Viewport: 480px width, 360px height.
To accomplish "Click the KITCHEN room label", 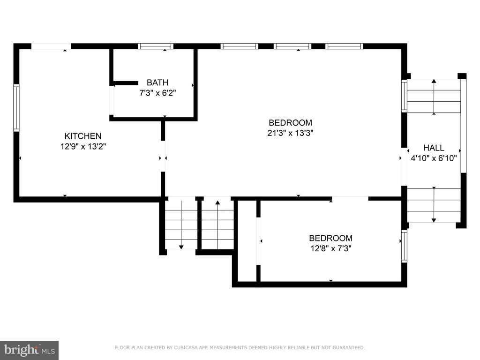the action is (82, 136).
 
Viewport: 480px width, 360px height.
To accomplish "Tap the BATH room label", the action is (157, 82).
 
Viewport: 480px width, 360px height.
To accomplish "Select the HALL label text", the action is (434, 148).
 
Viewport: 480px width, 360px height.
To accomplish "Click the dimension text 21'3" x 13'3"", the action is (290, 133).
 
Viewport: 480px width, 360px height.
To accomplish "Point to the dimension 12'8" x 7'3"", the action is (330, 248).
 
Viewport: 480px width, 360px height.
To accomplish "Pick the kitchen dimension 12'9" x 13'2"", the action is (83, 146).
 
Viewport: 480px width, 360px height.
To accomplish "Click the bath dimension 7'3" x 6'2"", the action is (157, 93).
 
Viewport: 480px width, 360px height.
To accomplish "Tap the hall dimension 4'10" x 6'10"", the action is (434, 158).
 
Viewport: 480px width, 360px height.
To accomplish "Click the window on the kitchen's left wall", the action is (16, 108).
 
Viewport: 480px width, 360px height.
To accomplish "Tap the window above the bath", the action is (156, 46).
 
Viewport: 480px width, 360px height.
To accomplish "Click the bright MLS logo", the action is (30, 350).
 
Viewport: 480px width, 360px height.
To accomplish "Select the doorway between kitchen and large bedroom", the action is (163, 156).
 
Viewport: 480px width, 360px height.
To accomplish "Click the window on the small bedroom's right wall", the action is (405, 247).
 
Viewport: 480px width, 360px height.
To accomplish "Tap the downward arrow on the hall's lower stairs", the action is (434, 204).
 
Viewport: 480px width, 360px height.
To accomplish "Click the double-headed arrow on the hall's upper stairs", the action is (434, 97).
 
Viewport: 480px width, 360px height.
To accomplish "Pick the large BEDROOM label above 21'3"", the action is (290, 122).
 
